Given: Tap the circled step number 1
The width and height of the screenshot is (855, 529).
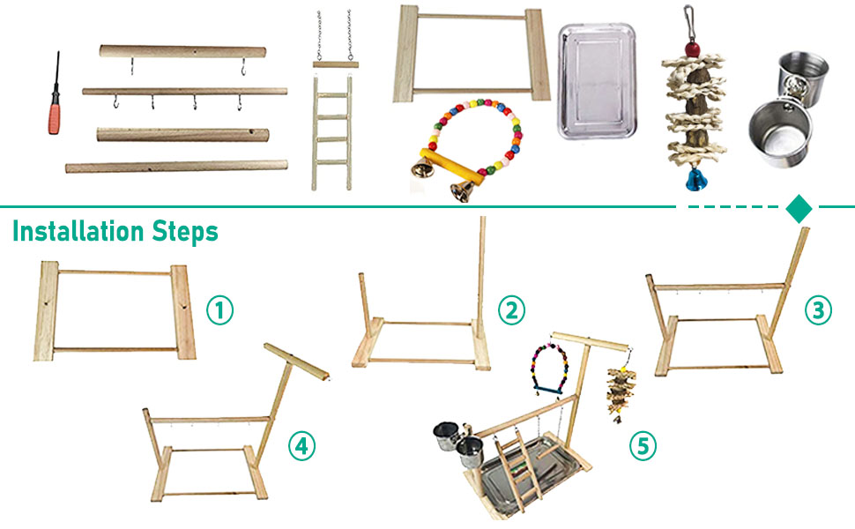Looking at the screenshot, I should pyautogui.click(x=219, y=309).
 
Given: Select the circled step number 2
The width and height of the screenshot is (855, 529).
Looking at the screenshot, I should pyautogui.click(x=511, y=309).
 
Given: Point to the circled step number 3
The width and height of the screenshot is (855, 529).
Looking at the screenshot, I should pyautogui.click(x=818, y=309).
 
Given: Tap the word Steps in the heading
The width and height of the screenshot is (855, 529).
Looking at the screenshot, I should pyautogui.click(x=183, y=233).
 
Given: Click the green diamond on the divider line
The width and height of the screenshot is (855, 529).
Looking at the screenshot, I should pyautogui.click(x=799, y=207).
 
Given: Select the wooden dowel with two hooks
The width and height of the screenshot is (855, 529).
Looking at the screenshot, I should pyautogui.click(x=182, y=51).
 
